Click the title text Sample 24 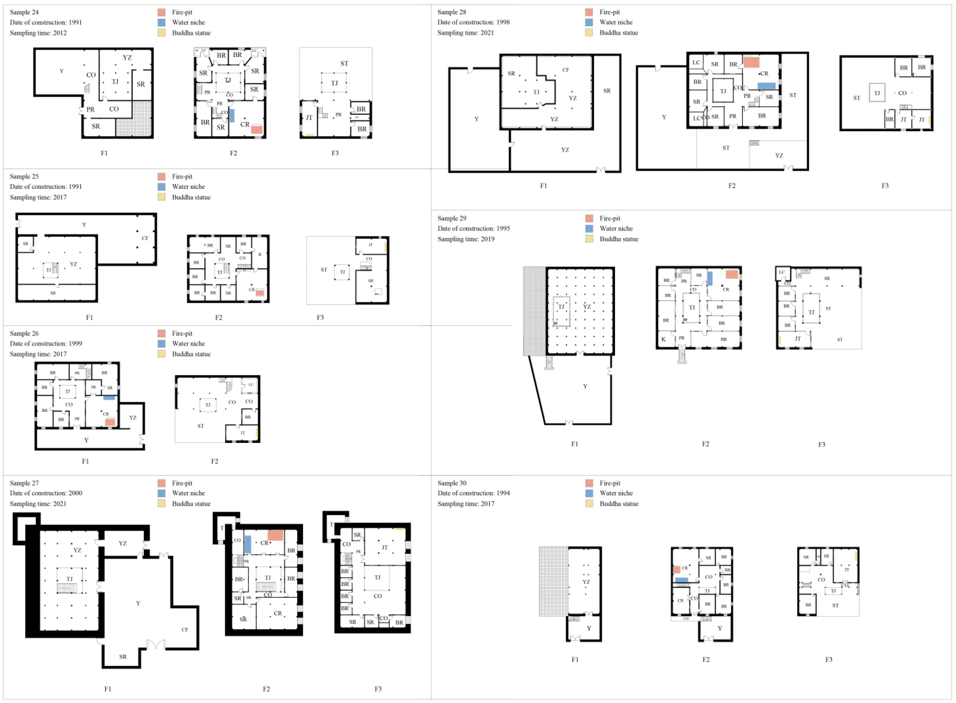pyautogui.click(x=24, y=12)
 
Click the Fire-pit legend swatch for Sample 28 pyautogui.click(x=589, y=12)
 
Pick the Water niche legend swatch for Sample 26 pyautogui.click(x=162, y=344)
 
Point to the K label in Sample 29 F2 pyautogui.click(x=663, y=339)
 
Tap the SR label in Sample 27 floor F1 pyautogui.click(x=123, y=657)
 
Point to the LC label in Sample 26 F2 pyautogui.click(x=251, y=385)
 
